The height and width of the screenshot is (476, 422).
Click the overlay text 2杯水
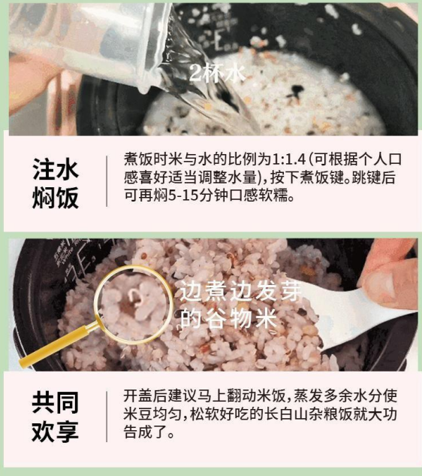[217, 73]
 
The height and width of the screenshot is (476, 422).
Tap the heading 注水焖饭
[56, 183]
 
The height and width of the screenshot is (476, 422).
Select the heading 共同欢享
[55, 417]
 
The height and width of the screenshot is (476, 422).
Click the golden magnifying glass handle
[59, 344]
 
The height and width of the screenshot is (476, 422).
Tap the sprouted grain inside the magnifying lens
[134, 297]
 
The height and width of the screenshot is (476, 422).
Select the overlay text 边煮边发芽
[241, 291]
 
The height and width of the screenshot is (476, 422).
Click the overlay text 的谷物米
[228, 318]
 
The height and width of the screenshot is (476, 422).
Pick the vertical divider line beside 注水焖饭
[107, 181]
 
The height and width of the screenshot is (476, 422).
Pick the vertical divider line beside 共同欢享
[107, 417]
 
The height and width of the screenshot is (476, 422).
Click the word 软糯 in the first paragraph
[273, 196]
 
